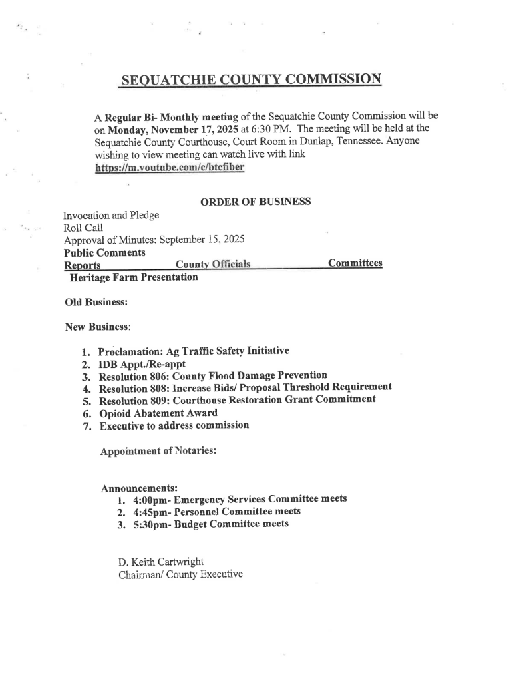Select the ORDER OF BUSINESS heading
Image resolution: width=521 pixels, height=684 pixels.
[255, 202]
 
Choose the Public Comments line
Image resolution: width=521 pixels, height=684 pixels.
[105, 252]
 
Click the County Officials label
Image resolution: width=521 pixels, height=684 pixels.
[212, 265]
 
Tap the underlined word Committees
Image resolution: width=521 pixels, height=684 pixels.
[355, 263]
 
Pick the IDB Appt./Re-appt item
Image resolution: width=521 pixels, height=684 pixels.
[142, 365]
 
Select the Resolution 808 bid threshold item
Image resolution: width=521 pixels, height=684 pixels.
[244, 389]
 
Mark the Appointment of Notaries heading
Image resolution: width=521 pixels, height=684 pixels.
[158, 451]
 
